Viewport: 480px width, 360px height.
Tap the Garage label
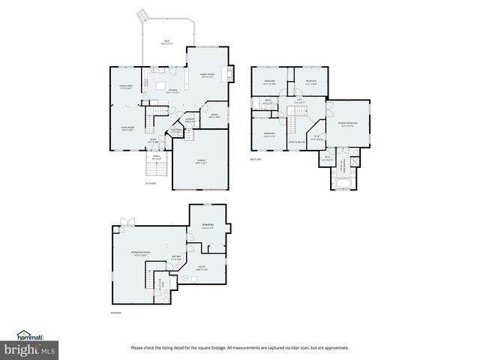pyautogui.click(x=200, y=162)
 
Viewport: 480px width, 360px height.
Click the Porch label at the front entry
pyautogui.click(x=157, y=158)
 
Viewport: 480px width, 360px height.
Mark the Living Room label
pyautogui.click(x=127, y=128)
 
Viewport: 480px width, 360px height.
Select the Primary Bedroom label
pyautogui.click(x=346, y=124)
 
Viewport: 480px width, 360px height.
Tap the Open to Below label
pyautogui.click(x=298, y=142)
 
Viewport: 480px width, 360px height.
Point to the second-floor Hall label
pyautogui.click(x=298, y=100)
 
